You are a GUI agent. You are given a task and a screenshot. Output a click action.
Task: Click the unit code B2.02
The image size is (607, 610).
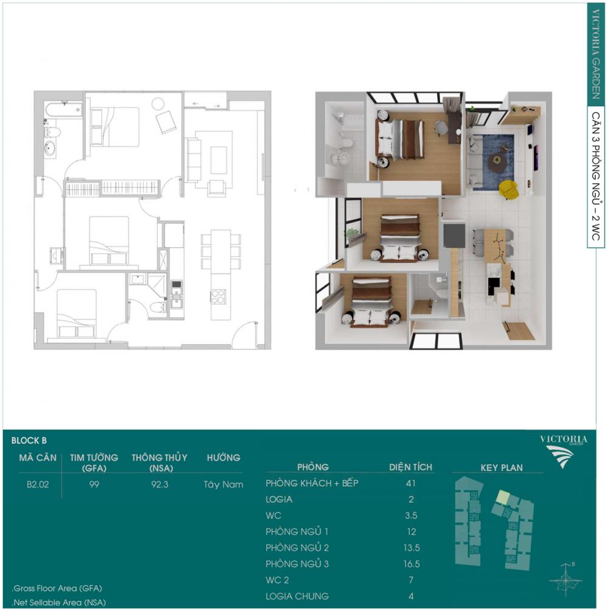click(x=38, y=484)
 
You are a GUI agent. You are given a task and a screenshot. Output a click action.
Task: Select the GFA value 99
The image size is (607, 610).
click(x=94, y=484)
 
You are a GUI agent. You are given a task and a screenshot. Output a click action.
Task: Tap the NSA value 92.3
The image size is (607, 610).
click(x=160, y=484)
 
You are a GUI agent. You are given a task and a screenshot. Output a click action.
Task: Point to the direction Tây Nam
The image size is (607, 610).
click(x=223, y=485)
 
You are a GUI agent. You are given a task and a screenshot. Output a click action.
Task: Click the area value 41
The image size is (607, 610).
click(x=411, y=483)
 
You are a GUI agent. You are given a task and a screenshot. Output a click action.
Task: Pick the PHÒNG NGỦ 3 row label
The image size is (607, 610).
click(x=297, y=564)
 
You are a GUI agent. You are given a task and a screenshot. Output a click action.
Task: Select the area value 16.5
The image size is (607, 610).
click(x=412, y=564)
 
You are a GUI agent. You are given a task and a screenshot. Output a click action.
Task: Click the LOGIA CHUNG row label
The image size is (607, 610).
click(x=297, y=596)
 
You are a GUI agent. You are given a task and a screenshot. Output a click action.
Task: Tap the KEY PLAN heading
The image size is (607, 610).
click(x=501, y=467)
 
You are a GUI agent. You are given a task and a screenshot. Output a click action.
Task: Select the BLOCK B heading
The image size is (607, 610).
click(x=29, y=441)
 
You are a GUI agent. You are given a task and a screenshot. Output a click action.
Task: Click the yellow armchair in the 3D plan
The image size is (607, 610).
click(x=509, y=189)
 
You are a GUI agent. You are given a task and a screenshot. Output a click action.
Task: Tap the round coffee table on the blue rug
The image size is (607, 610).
click(x=497, y=160)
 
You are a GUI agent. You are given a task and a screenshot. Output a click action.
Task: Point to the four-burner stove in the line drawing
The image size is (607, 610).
click(x=218, y=297)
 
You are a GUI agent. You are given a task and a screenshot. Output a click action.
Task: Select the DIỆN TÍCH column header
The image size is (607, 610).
click(x=410, y=467)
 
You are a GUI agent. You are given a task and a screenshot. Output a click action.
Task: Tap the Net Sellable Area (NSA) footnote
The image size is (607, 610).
click(x=59, y=603)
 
